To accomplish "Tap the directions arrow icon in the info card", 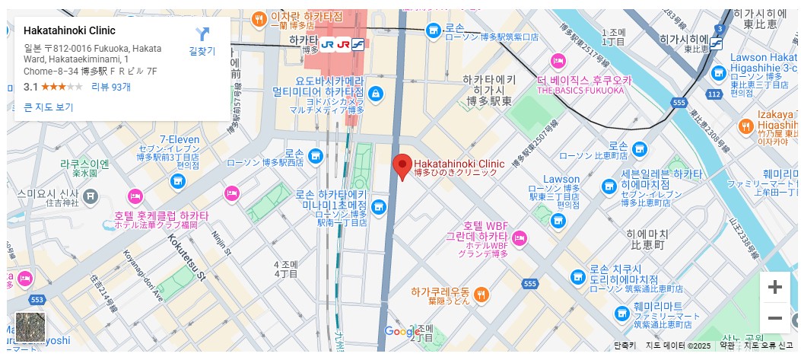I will coord(202,34).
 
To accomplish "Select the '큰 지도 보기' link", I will coord(49,107).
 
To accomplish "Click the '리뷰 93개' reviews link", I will coord(111,87).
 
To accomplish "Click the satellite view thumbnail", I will coord(31,327).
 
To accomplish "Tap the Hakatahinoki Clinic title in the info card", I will coord(69,31).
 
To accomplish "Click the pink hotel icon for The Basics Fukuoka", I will coord(559,61).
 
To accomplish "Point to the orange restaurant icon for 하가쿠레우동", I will coord(481,293).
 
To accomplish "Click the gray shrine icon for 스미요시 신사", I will coord(91,197).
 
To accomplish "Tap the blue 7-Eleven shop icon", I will coord(178,181).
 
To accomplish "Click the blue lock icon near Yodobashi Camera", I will coord(374,93).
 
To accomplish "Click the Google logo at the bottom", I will coord(402,332).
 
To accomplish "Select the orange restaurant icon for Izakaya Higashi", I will coord(745,126).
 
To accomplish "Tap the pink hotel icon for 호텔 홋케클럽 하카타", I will coord(135,196).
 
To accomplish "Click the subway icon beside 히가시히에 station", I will coord(716,43).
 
